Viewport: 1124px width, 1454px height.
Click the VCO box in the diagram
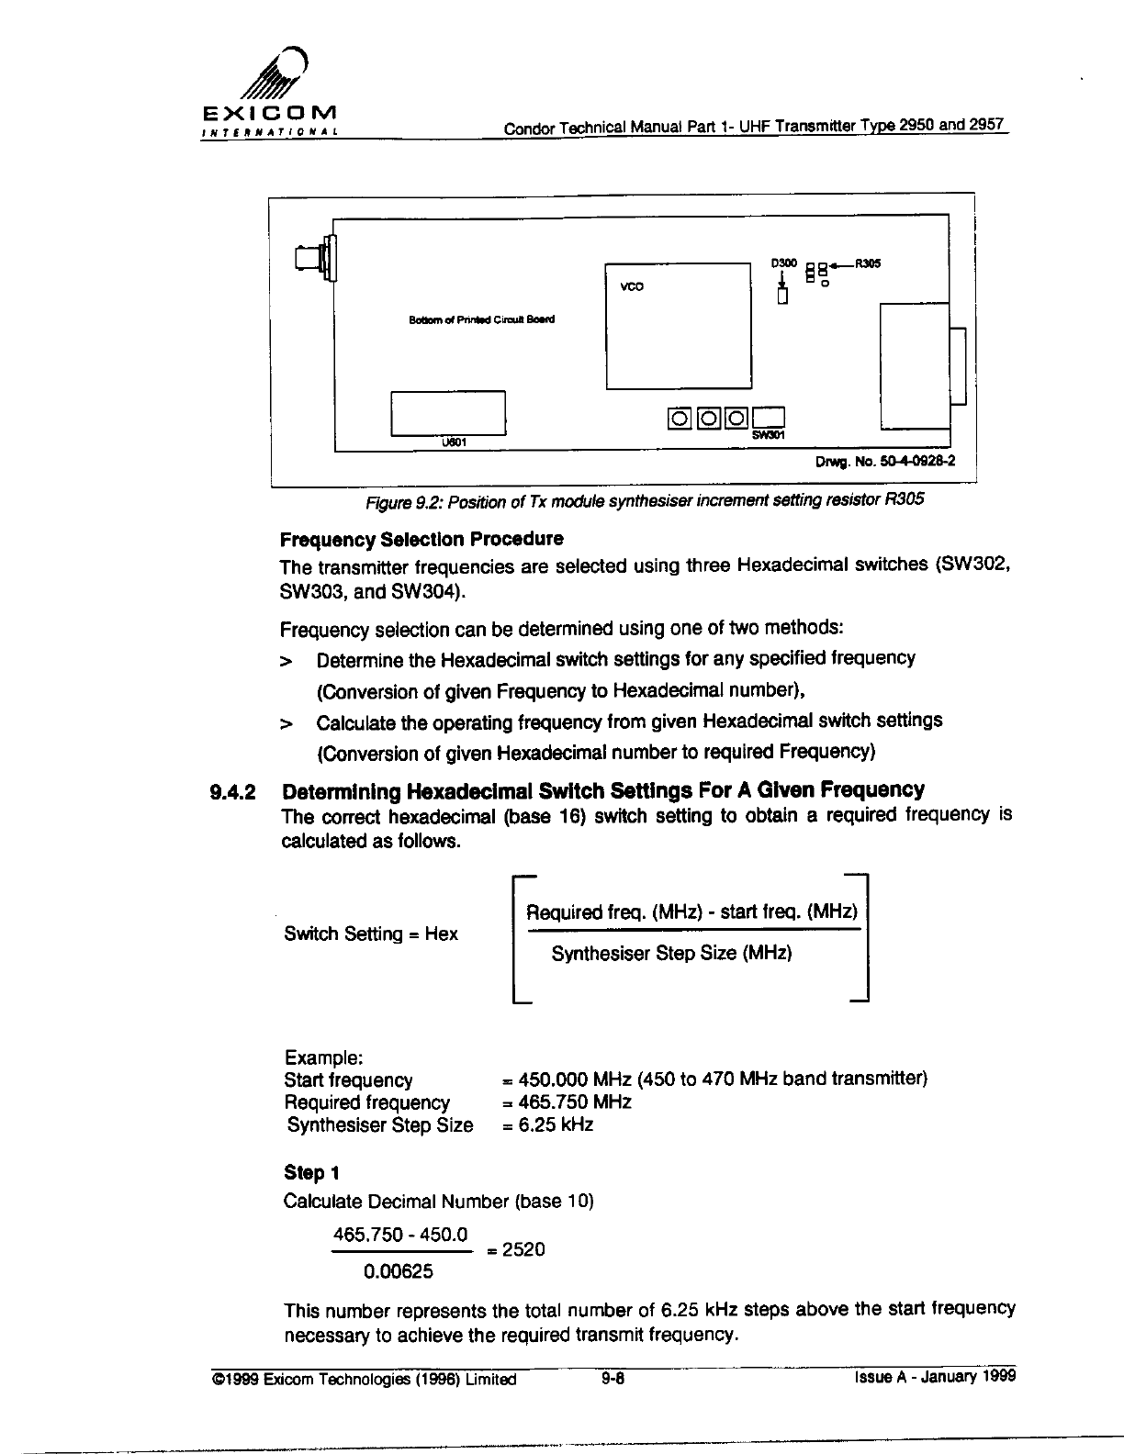pos(680,325)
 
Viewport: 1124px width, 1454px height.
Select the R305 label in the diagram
pos(868,263)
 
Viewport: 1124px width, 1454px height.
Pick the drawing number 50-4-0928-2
pos(885,462)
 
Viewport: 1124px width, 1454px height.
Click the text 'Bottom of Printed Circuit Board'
pos(481,319)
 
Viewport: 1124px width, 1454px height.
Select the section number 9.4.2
pos(233,791)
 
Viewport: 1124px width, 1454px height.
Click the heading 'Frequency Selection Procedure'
pos(421,538)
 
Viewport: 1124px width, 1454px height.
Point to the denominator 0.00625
pos(398,1272)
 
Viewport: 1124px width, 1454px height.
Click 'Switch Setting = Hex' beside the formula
pos(371,934)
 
